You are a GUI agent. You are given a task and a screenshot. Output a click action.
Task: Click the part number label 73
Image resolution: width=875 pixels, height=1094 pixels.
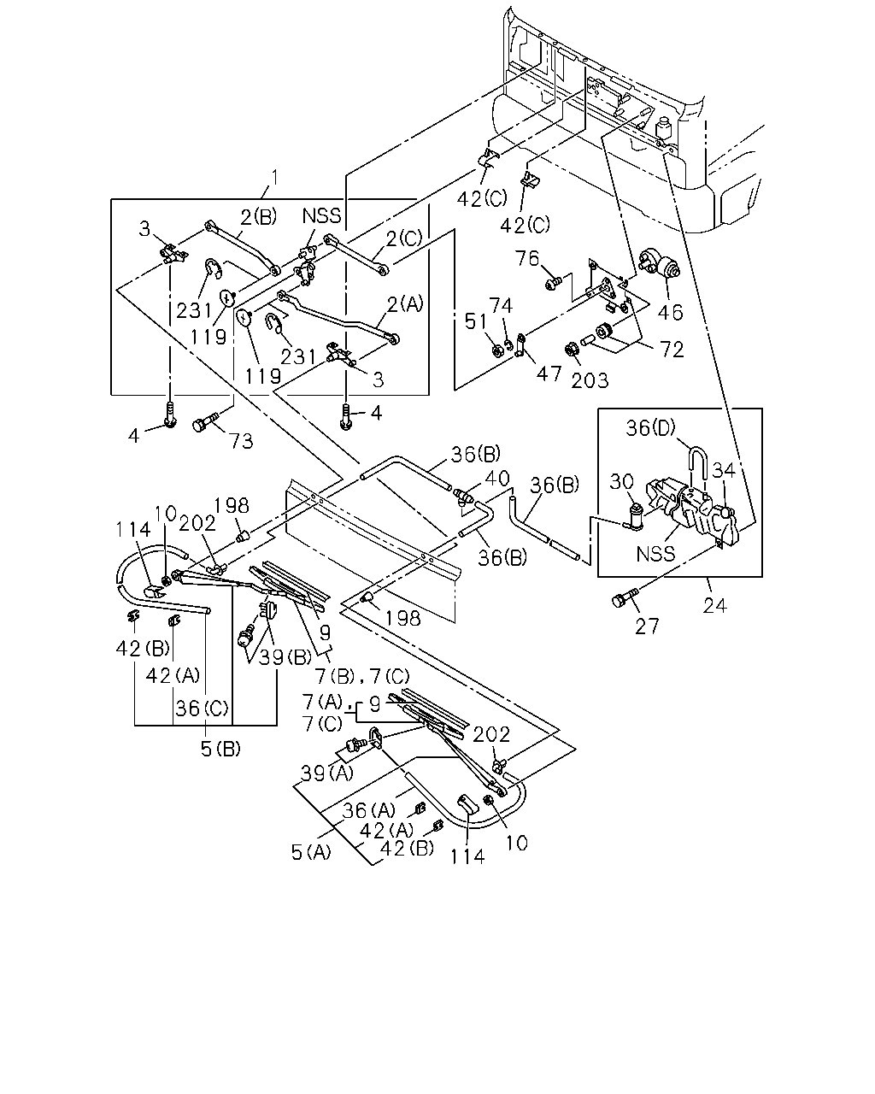[242, 440]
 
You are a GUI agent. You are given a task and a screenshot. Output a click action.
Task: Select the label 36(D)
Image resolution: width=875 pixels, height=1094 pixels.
[650, 427]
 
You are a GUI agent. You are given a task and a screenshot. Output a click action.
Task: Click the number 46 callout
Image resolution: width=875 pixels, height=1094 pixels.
[670, 312]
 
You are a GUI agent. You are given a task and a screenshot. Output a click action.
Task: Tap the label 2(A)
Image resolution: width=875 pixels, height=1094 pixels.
[405, 304]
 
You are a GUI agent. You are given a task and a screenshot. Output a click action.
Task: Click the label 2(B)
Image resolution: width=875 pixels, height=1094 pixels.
[258, 217]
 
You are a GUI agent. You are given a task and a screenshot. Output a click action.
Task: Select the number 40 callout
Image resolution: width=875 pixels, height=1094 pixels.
[496, 478]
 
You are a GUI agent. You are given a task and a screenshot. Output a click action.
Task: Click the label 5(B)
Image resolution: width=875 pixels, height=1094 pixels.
[220, 749]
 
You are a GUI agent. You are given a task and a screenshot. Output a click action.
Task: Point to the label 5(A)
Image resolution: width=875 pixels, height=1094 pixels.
[311, 852]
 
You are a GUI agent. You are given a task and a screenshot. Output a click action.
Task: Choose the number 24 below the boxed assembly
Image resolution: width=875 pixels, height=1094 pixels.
[714, 605]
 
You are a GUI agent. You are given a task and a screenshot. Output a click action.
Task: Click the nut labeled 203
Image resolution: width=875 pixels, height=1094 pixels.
[570, 350]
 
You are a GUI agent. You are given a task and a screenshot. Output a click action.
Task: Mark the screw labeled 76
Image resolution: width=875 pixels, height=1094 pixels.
[552, 283]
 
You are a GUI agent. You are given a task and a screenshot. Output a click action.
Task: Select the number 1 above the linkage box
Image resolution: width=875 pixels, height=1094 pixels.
[274, 178]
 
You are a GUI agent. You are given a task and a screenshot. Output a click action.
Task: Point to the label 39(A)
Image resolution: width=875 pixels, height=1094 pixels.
[327, 773]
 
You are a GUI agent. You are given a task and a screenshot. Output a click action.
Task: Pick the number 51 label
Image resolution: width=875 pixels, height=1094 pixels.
[476, 321]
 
